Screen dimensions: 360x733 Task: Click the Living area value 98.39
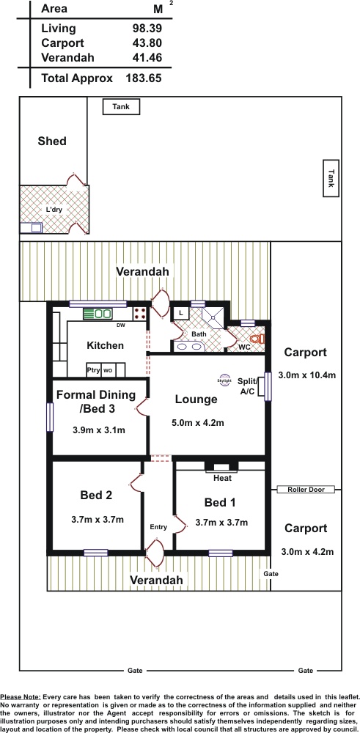[x=147, y=29]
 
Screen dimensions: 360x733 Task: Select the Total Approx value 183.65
[x=144, y=78]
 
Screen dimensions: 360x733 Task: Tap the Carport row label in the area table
[x=62, y=43]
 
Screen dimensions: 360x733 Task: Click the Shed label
[x=52, y=141]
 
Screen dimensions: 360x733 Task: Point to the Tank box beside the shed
[x=121, y=107]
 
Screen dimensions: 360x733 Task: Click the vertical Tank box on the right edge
[x=331, y=178]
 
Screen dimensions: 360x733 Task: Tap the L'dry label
[x=54, y=210]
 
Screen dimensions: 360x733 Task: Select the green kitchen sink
[x=98, y=314]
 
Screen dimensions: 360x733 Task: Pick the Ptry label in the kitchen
[x=94, y=370]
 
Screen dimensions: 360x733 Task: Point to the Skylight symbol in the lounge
[x=224, y=380]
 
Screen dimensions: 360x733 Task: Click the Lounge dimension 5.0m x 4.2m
[x=198, y=423]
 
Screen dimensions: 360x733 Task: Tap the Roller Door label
[x=306, y=490]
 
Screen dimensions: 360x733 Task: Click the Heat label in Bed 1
[x=222, y=478]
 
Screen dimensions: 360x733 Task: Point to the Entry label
[x=158, y=527]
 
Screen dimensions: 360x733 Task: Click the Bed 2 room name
[x=96, y=495]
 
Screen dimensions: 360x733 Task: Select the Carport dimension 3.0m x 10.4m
[x=307, y=375]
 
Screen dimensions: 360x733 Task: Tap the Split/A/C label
[x=247, y=386]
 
